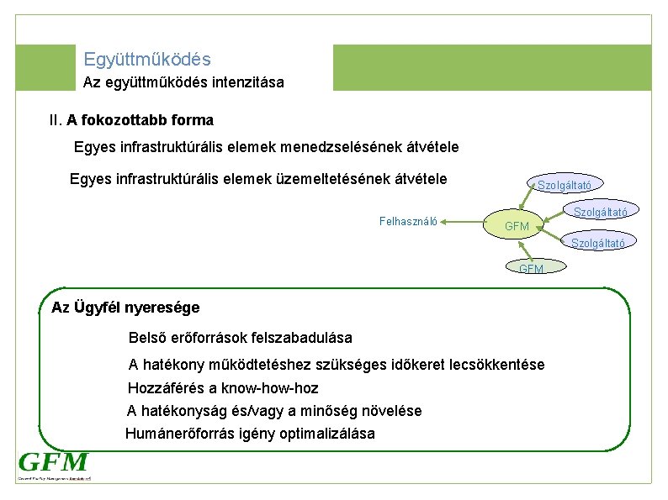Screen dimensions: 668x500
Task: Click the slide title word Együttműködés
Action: pyautogui.click(x=147, y=60)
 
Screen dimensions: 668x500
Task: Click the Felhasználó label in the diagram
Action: pyautogui.click(x=408, y=222)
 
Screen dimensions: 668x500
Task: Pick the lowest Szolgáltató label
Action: pyautogui.click(x=598, y=243)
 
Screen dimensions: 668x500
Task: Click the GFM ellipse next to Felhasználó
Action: pyautogui.click(x=517, y=226)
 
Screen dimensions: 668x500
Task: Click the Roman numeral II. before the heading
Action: pyautogui.click(x=57, y=120)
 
